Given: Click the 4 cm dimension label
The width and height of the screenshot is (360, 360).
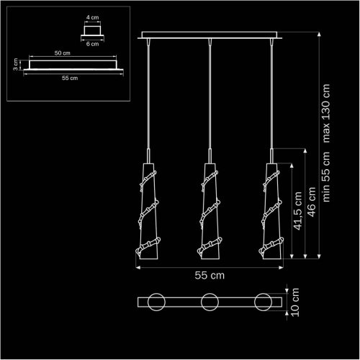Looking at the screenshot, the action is (93, 17).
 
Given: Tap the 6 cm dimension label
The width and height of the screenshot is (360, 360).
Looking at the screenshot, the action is (93, 44).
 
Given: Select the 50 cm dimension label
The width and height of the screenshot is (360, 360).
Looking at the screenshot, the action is (63, 53).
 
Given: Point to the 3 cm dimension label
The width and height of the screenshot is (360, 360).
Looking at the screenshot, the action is (15, 64).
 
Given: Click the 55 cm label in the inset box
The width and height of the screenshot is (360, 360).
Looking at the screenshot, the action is (70, 78).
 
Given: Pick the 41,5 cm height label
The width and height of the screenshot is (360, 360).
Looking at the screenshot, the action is (298, 211).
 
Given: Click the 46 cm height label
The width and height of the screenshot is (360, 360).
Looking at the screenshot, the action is (311, 202).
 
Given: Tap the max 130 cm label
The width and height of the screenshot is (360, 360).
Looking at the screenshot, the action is (326, 113).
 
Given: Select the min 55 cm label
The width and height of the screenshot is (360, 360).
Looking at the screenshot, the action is (326, 177).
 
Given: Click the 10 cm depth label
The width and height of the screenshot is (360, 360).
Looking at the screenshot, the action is (295, 302).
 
